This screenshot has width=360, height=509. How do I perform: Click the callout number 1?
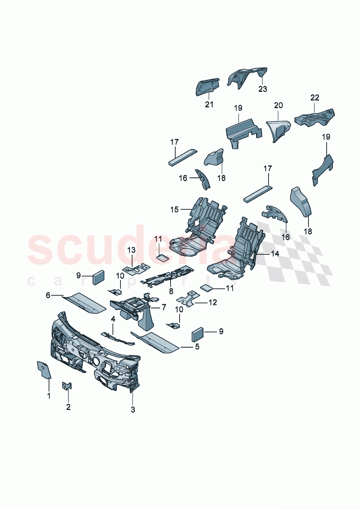[x=49, y=396]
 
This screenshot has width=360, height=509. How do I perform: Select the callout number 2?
[x=68, y=407]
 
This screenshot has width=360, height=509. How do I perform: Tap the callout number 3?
[x=133, y=410]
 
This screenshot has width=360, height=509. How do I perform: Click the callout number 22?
[x=315, y=98]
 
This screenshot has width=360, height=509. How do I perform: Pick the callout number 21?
[x=209, y=104]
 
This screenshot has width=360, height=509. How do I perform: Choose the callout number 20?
[x=278, y=105]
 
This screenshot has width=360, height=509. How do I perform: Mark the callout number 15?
[x=175, y=209]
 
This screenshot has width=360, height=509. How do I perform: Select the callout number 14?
[x=275, y=254]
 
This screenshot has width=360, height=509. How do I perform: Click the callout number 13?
[x=131, y=250]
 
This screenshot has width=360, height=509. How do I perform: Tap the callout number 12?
[x=212, y=302]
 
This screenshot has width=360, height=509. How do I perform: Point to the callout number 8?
[x=171, y=291]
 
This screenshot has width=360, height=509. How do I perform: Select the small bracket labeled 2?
[x=67, y=385]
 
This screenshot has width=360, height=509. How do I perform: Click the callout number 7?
[x=164, y=307]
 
